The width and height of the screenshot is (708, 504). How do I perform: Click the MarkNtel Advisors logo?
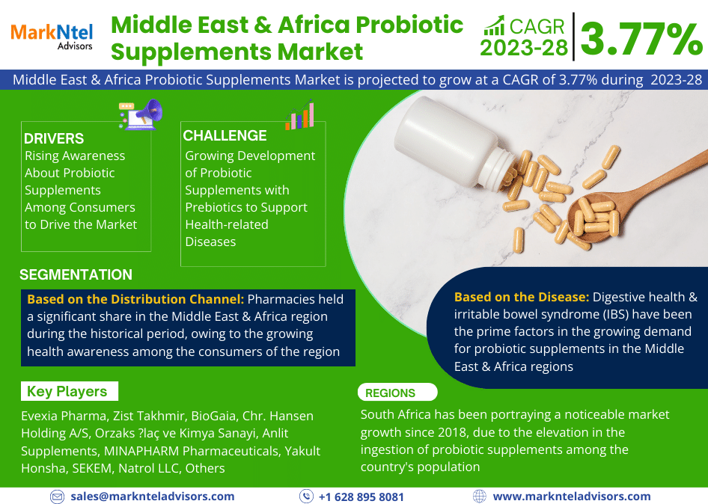(52, 37)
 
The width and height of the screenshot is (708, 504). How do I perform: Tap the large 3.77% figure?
(641, 39)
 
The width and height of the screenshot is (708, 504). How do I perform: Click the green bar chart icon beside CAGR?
(494, 25)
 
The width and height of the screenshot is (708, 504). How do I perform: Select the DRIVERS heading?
(54, 138)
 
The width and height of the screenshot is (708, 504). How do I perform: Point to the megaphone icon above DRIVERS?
(141, 114)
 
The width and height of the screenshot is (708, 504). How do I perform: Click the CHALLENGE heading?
(225, 135)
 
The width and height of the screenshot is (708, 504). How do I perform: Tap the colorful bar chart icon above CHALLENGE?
(299, 114)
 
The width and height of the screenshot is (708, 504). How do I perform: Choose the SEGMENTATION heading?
(76, 274)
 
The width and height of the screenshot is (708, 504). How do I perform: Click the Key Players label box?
(70, 391)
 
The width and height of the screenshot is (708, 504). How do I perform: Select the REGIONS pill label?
(397, 393)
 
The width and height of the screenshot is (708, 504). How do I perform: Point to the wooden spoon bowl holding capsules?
(596, 217)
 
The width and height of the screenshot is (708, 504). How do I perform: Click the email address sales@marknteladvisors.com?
(153, 497)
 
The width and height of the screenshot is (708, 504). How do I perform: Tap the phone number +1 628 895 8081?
(361, 497)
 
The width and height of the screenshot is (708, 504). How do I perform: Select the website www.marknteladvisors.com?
(572, 497)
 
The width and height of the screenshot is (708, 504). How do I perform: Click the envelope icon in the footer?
(57, 497)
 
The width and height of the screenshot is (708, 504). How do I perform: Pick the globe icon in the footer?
(480, 497)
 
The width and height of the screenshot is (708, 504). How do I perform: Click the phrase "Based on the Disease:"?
(522, 297)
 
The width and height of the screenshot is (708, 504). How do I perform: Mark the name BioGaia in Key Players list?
(213, 416)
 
